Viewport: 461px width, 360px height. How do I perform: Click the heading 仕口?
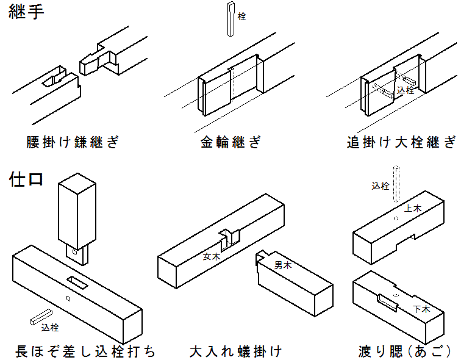[x=26, y=181]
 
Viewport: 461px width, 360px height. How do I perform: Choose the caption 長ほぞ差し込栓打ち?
[x=85, y=351]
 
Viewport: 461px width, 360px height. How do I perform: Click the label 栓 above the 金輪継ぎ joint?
[x=242, y=16]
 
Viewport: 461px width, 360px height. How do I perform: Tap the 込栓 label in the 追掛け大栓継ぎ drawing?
[x=406, y=90]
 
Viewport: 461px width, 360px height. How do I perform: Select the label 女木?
[x=212, y=257]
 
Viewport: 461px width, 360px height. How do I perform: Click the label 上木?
[x=413, y=208]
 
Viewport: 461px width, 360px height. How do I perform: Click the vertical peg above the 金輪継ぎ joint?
[x=230, y=20]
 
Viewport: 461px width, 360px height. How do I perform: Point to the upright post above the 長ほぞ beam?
[x=77, y=211]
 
